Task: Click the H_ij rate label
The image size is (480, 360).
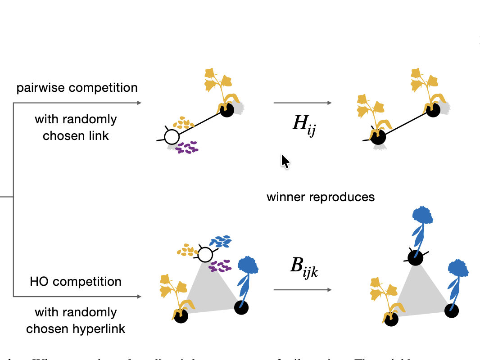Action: (304, 123)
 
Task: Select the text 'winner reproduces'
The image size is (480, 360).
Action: (321, 197)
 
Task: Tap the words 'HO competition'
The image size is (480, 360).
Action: (76, 282)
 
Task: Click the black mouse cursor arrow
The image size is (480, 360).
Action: (285, 161)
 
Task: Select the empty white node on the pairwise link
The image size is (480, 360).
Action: (172, 136)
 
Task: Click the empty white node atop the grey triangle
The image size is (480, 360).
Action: (205, 255)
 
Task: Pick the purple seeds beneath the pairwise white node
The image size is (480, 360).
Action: (186, 147)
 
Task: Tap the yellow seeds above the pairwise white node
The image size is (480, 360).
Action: (183, 122)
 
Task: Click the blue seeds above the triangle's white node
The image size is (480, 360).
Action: (221, 242)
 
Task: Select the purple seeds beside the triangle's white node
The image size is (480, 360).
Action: (219, 266)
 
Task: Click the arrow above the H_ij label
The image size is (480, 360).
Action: (303, 103)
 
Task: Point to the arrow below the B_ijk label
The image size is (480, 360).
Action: (303, 290)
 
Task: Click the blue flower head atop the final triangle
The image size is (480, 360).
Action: (422, 215)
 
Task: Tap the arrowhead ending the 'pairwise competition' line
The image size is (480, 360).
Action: (139, 103)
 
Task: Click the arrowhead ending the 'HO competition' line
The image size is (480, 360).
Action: (139, 297)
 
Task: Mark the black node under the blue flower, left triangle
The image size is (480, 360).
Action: (241, 308)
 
